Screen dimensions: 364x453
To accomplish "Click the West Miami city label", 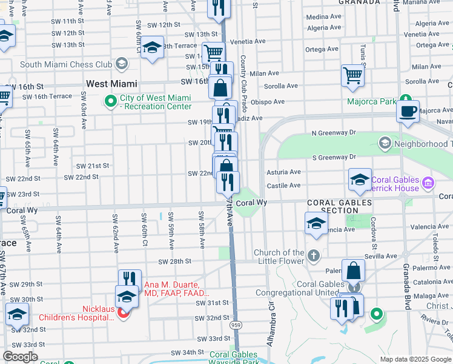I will pyautogui.click(x=111, y=84).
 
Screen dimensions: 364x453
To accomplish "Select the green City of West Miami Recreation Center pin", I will pyautogui.click(x=110, y=102).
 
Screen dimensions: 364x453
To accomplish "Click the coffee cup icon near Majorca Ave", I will pyautogui.click(x=408, y=111).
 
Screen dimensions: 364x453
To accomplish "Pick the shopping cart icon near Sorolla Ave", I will pyautogui.click(x=352, y=75).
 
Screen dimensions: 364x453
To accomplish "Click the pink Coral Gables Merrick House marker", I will pyautogui.click(x=428, y=183).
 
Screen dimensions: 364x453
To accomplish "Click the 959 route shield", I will pyautogui.click(x=236, y=325).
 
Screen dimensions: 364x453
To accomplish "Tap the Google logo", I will pyautogui.click(x=20, y=357).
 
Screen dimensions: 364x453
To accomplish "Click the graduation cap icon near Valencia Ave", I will pyautogui.click(x=316, y=223).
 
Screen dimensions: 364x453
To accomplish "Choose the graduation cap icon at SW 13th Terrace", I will pyautogui.click(x=153, y=47).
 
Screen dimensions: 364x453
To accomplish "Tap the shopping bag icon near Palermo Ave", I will pyautogui.click(x=353, y=270).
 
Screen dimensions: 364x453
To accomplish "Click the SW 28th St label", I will pyautogui.click(x=174, y=261).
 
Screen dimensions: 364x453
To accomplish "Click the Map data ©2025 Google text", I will pyautogui.click(x=415, y=359).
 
